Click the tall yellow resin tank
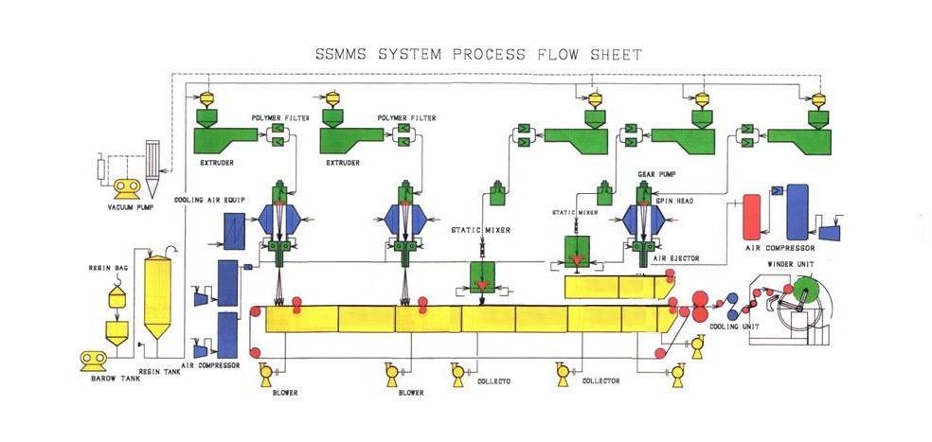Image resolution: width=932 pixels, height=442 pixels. pyautogui.click(x=161, y=298)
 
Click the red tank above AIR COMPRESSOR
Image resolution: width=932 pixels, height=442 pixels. pyautogui.click(x=754, y=219)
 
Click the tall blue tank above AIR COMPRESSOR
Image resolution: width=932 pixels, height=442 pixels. pyautogui.click(x=798, y=211)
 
